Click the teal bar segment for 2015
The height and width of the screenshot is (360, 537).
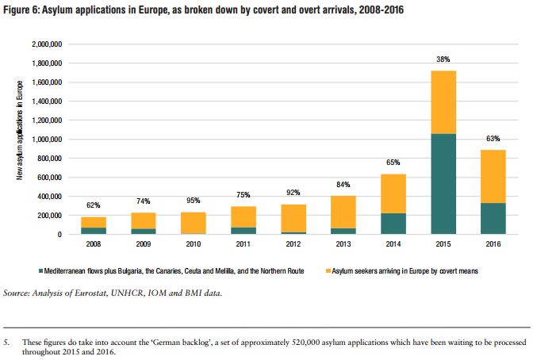pyautogui.click(x=444, y=184)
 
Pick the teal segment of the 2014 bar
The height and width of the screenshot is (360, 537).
pyautogui.click(x=393, y=224)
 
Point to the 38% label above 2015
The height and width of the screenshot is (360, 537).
pyautogui.click(x=444, y=59)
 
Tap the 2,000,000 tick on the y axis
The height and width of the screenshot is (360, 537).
pyautogui.click(x=46, y=44)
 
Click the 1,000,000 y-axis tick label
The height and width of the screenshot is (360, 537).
pyautogui.click(x=46, y=139)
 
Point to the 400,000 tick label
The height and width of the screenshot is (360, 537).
pyautogui.click(x=49, y=196)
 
